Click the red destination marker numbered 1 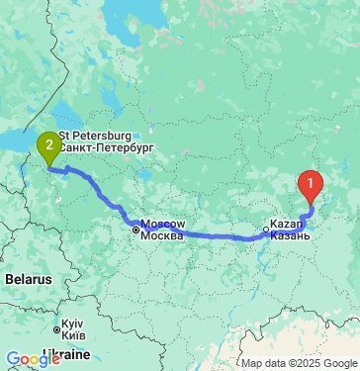point(312,184)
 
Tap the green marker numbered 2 point(48,146)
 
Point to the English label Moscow point(163,224)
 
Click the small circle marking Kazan point(265,234)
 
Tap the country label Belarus point(28,280)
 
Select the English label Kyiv point(71,324)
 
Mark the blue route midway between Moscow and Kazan point(203,236)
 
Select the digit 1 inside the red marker point(312,180)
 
